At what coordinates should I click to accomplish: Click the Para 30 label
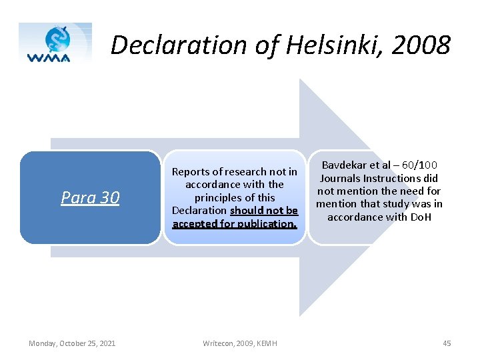(90, 197)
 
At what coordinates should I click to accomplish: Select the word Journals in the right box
(342, 178)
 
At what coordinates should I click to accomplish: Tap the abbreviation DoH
(420, 217)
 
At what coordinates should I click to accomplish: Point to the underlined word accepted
(195, 223)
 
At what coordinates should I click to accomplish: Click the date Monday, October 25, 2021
(72, 343)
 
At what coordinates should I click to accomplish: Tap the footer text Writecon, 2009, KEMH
(240, 343)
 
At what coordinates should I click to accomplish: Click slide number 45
(447, 343)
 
